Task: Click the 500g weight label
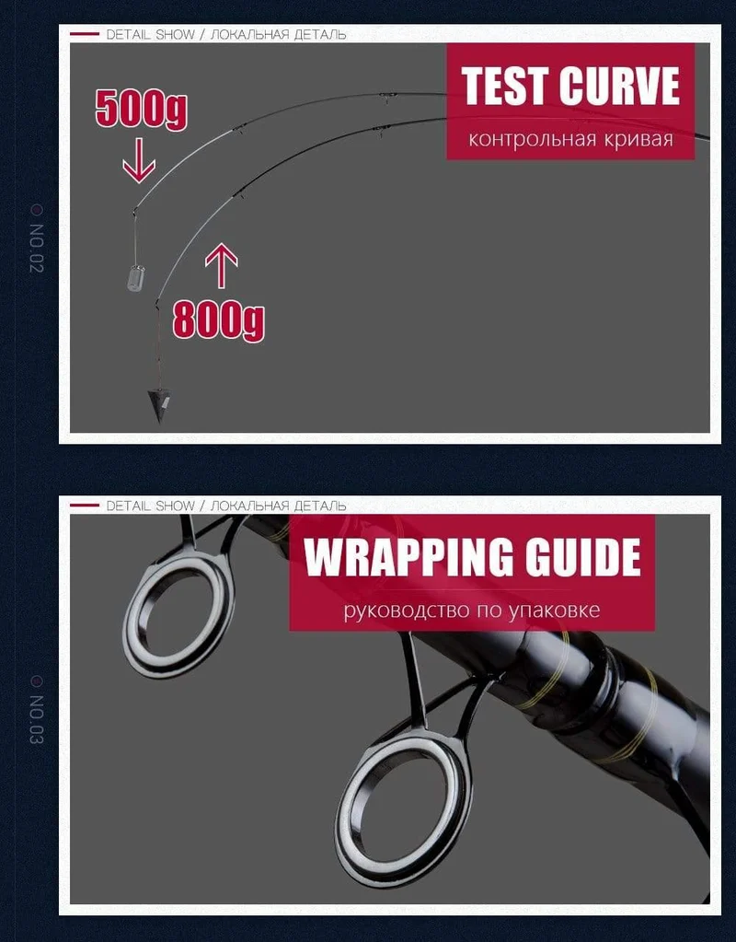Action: click(x=141, y=109)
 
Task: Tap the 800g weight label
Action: click(x=219, y=320)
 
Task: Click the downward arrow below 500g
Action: click(x=139, y=160)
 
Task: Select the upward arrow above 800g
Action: click(x=222, y=266)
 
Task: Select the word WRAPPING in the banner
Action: click(x=408, y=557)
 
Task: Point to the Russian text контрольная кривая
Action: click(x=571, y=139)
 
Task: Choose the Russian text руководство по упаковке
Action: click(x=472, y=611)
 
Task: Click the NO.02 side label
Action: click(x=37, y=248)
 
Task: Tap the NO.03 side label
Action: click(x=37, y=720)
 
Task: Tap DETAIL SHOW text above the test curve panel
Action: click(x=150, y=35)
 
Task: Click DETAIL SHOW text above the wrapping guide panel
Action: click(x=150, y=506)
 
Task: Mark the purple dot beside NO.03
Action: click(x=37, y=681)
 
